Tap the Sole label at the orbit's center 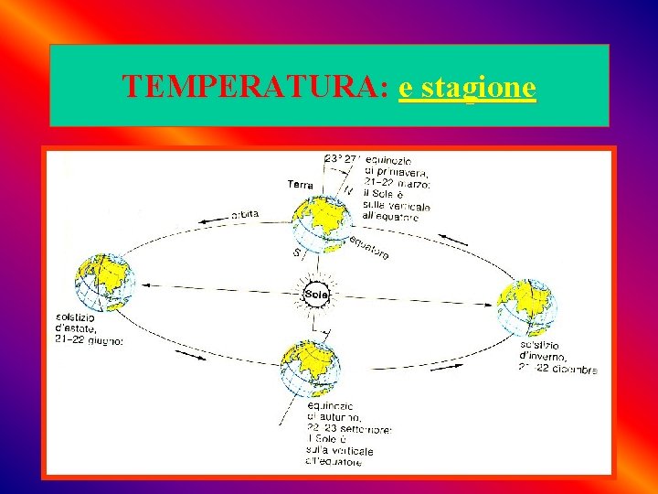tap(316, 293)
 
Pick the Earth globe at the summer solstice tap(103, 281)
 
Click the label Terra tap(300, 185)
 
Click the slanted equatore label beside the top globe tap(369, 244)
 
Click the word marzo tap(410, 183)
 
